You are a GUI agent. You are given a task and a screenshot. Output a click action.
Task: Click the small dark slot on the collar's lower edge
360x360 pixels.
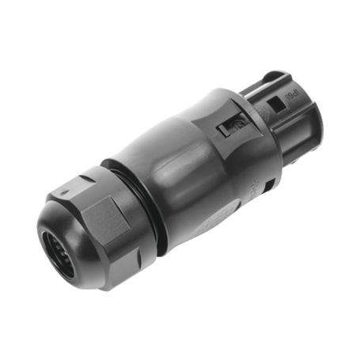tap(268, 188)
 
